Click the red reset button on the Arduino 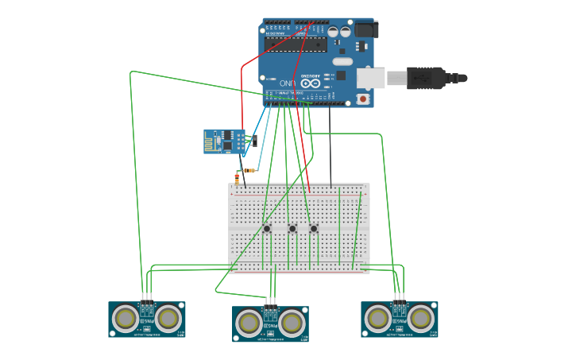[x=363, y=99]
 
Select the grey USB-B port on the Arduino [x=370, y=78]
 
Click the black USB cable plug [x=429, y=78]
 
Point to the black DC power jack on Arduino [x=365, y=29]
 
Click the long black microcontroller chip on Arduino [x=296, y=45]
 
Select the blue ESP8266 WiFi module [x=225, y=141]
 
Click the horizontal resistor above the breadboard [x=249, y=170]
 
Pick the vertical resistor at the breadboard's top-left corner [x=237, y=180]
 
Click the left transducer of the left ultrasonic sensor [x=126, y=318]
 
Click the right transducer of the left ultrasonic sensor [x=168, y=318]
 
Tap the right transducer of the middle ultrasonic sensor [x=292, y=323]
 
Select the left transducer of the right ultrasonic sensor [x=378, y=318]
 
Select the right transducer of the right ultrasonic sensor [x=420, y=318]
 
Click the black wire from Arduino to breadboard [x=331, y=147]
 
